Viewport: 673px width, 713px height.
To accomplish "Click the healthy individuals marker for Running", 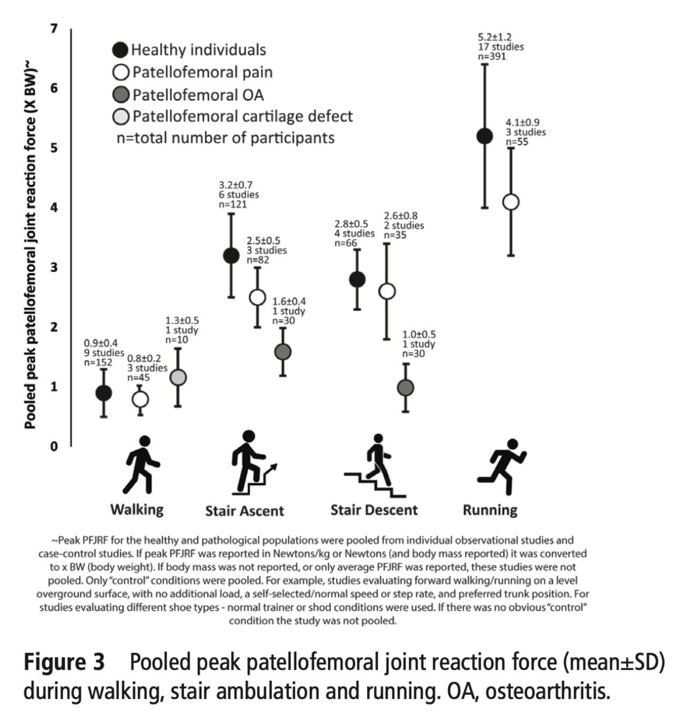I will coord(484,136).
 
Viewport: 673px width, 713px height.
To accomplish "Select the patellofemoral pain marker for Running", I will coord(511,202).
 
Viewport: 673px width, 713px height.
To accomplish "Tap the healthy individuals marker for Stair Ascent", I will coord(231,256).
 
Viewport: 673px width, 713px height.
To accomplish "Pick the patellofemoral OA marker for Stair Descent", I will coord(406,388).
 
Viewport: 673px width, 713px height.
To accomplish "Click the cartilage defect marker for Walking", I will coord(178,377).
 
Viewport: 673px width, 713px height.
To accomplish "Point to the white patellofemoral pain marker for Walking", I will coord(140,399).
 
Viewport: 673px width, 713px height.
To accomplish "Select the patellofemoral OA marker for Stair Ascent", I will coord(282,352).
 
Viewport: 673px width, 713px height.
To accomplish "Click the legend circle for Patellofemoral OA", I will coord(121,95).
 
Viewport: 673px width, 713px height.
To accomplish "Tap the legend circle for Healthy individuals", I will coord(121,50).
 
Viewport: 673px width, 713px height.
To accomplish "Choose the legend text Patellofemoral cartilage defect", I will coord(242,116).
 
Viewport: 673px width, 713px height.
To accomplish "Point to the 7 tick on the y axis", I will coord(54,28).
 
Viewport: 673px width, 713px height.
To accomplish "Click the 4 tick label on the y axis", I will coord(54,207).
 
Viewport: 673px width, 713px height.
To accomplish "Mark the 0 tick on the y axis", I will coord(54,446).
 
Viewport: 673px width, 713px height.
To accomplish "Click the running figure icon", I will coord(503,466).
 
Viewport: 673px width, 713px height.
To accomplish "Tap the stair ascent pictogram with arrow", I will coord(253,464).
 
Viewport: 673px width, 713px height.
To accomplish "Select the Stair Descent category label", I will coord(373,510).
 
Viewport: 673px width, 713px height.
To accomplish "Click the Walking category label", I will coord(137,509).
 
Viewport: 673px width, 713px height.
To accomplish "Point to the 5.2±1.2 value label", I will coord(495,38).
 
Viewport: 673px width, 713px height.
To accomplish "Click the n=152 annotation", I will coord(98,362).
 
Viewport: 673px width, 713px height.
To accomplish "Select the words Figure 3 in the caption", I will coord(64,663).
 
